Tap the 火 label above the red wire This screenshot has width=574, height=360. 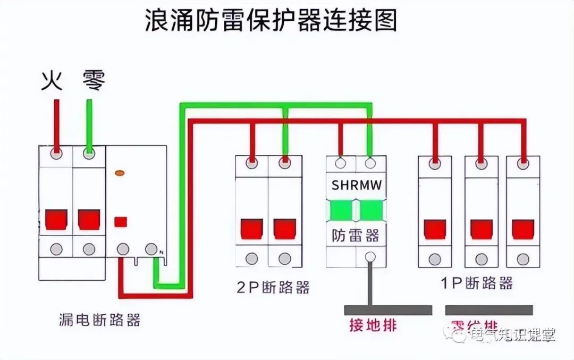pyautogui.click(x=52, y=81)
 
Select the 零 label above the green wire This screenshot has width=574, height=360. pyautogui.click(x=94, y=81)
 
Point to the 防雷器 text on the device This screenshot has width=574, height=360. pyautogui.click(x=356, y=235)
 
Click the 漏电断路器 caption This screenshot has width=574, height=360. pyautogui.click(x=100, y=320)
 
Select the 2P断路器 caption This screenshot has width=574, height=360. pyautogui.click(x=273, y=287)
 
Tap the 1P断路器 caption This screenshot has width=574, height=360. pyautogui.click(x=477, y=283)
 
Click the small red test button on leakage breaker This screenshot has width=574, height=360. pyautogui.click(x=121, y=222)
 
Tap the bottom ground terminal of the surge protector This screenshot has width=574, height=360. pyautogui.click(x=370, y=257)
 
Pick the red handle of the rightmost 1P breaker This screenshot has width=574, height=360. pyautogui.click(x=523, y=229)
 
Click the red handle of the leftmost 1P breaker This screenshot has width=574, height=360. pyautogui.click(x=435, y=229)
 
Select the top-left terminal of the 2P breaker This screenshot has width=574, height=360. pyautogui.click(x=252, y=161)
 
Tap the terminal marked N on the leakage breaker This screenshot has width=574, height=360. pyautogui.click(x=151, y=248)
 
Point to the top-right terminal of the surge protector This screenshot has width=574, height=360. pyautogui.click(x=370, y=161)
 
